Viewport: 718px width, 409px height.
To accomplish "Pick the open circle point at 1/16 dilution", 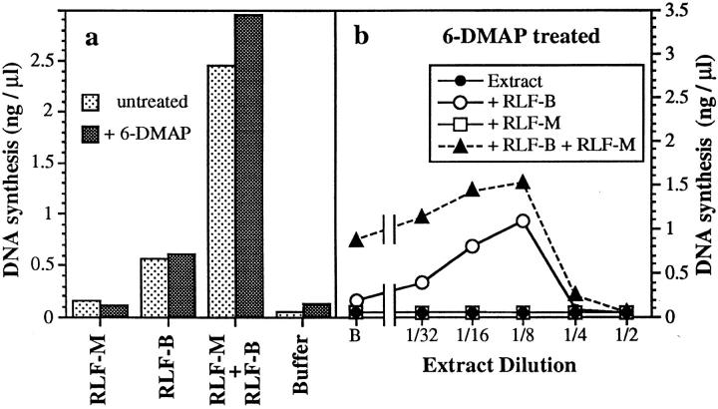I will point(472,245).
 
